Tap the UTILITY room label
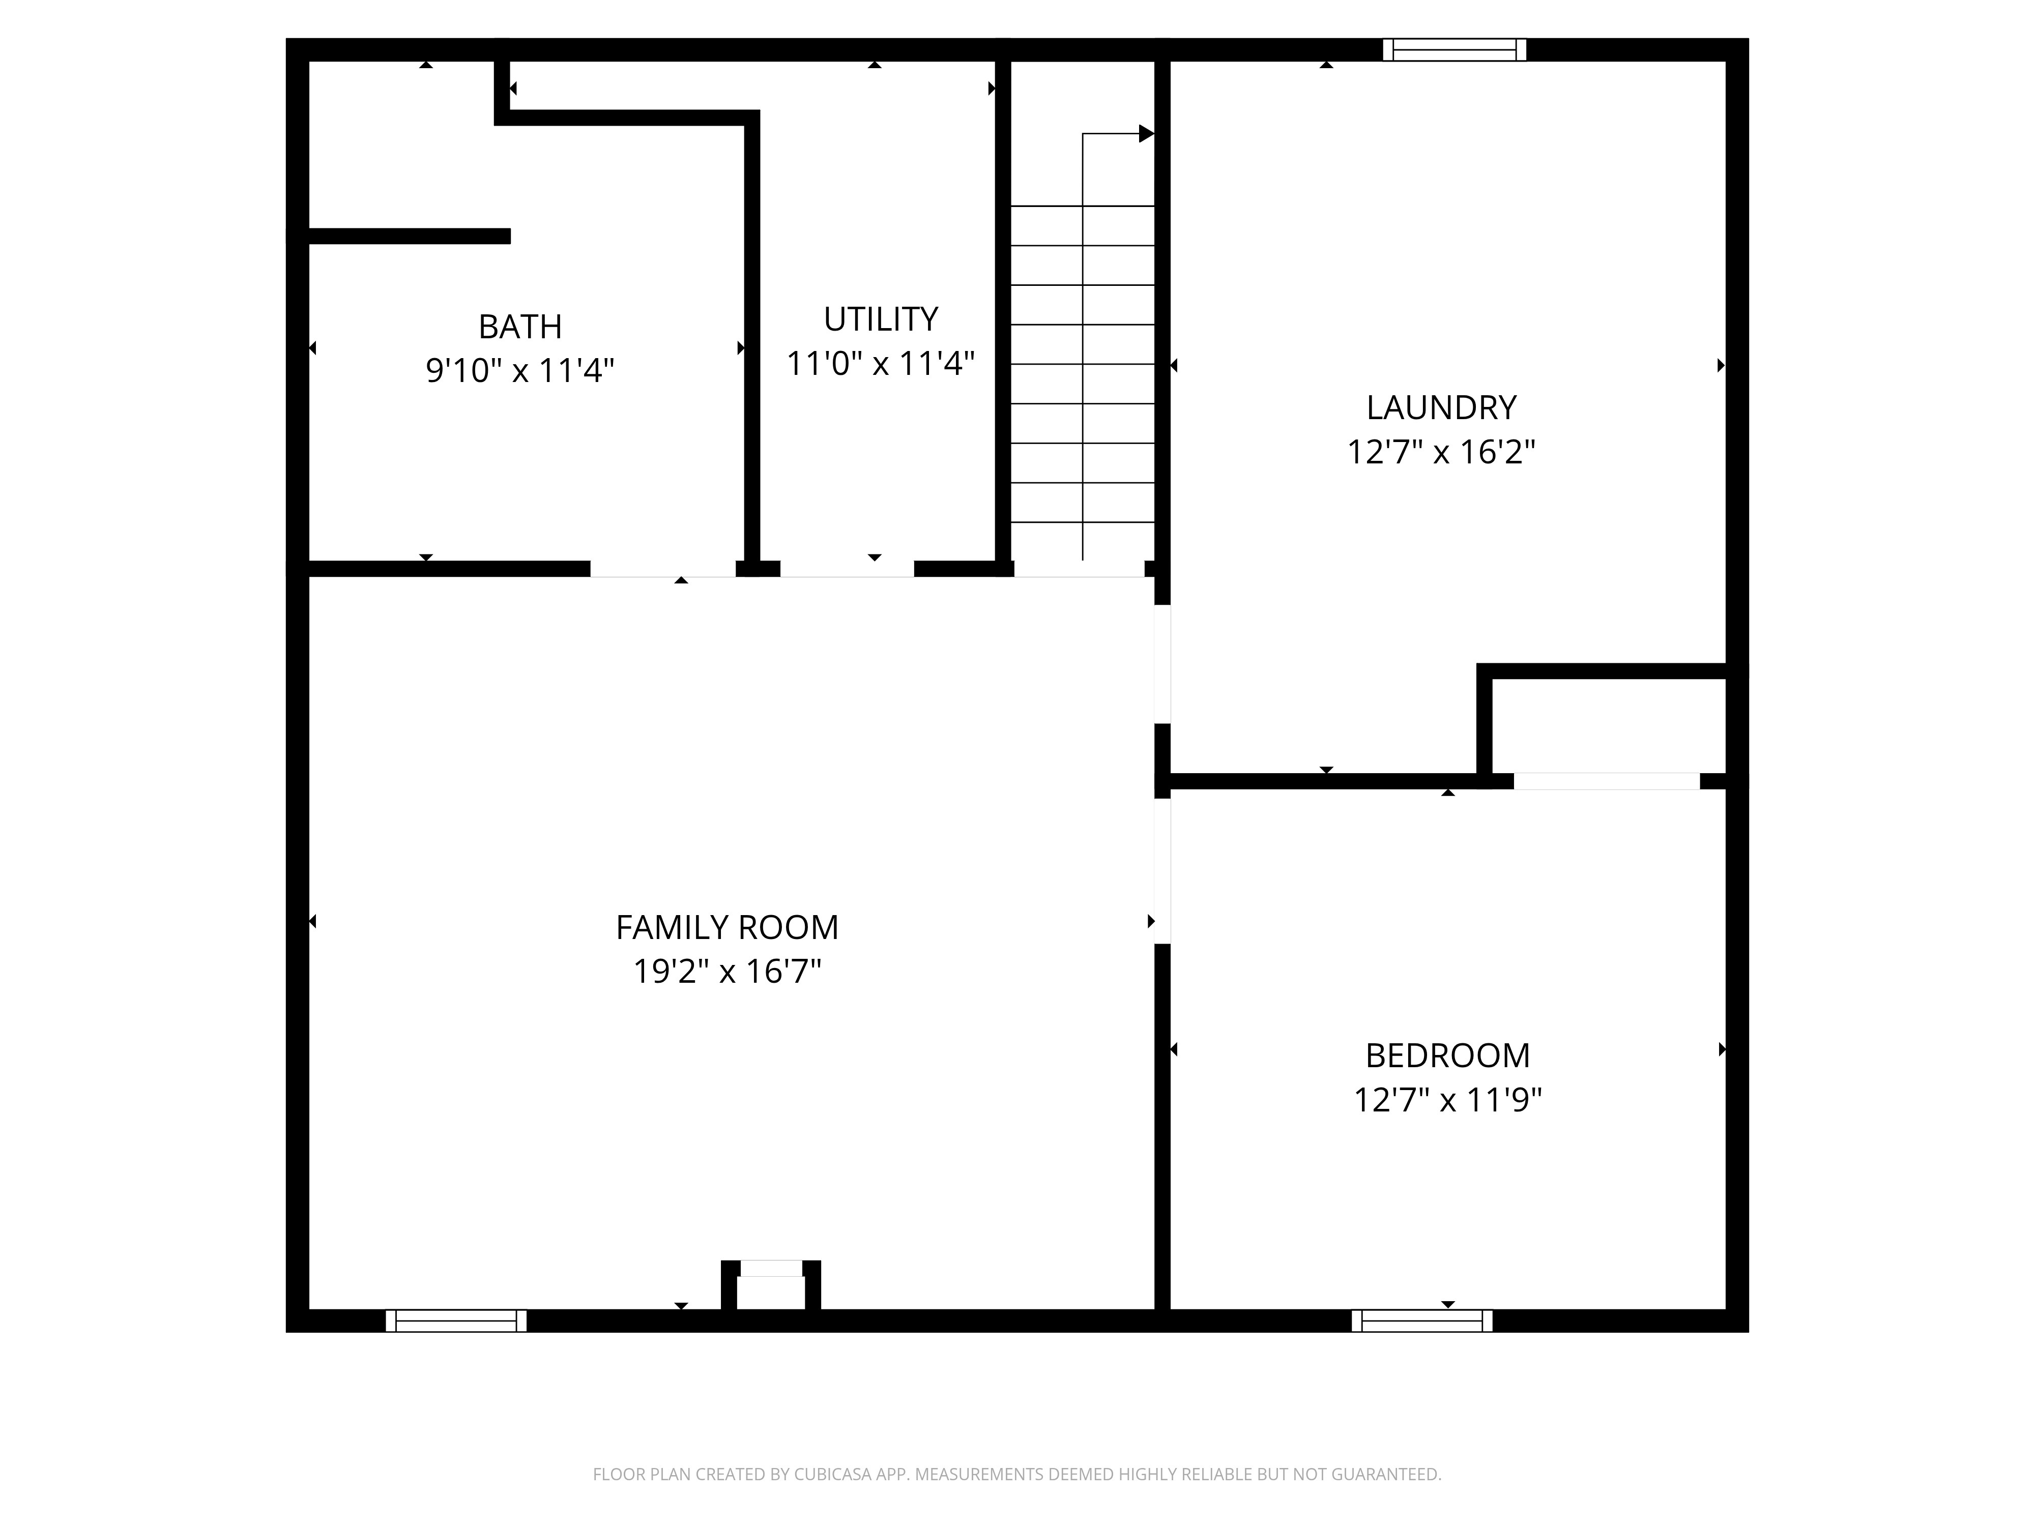point(881,319)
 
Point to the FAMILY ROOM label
point(727,927)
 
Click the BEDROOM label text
point(1447,1055)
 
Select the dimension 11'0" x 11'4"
point(881,363)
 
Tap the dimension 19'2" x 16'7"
point(727,972)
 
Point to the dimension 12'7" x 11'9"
point(1447,1099)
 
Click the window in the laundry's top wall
point(1455,50)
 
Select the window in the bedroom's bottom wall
point(1422,1321)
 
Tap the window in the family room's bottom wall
point(456,1321)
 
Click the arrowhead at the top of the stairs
point(1146,133)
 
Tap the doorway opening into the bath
point(662,569)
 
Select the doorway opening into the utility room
point(847,569)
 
